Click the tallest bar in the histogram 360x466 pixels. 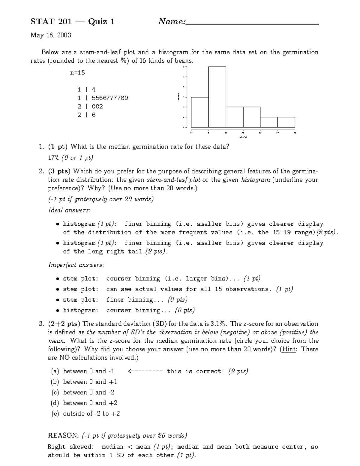[217, 97]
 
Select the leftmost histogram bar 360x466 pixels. [200, 112]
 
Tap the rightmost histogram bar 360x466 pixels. [286, 122]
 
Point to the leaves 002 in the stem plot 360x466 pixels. [97, 106]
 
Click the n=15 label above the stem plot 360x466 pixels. [77, 72]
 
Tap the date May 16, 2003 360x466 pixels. [51, 35]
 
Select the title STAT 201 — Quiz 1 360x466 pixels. [73, 22]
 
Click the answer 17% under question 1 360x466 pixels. [54, 158]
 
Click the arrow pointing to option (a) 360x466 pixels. [145, 371]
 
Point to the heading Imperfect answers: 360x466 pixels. [76, 265]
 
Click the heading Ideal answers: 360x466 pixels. [69, 210]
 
